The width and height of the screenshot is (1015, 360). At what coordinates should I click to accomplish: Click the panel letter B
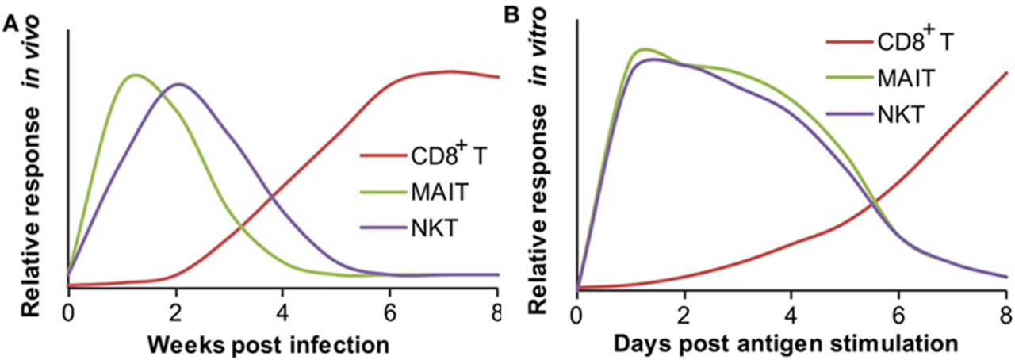tap(514, 13)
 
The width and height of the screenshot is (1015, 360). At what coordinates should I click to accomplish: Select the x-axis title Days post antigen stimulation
tap(787, 344)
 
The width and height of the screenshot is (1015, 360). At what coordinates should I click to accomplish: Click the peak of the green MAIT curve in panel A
tap(136, 75)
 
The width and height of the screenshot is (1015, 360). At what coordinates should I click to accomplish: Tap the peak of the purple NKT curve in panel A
tap(179, 83)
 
